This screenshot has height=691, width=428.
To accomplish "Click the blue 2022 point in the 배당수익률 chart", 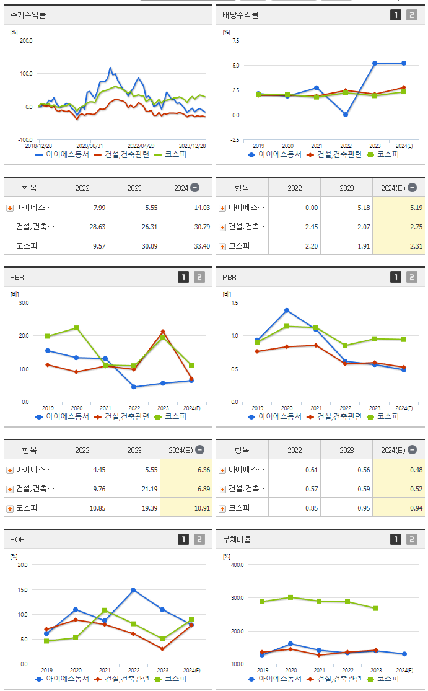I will (346, 115).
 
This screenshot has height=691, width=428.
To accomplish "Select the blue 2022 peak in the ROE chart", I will (133, 590).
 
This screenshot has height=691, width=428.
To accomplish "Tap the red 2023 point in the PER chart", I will (163, 332).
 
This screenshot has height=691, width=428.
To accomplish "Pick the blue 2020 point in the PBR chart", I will (287, 310).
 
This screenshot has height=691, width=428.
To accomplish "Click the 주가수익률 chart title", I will (28, 15).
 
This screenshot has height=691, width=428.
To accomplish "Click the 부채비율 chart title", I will (237, 539).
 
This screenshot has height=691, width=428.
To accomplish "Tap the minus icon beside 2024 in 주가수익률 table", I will (194, 188).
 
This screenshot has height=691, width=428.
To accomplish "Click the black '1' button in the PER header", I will (183, 278).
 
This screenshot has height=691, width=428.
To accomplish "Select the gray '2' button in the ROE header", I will (199, 539).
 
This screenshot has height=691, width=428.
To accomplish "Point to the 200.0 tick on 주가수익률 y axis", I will (26, 41).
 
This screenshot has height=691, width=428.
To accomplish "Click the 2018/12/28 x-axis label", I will (38, 146).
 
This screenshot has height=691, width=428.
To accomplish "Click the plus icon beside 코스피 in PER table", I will (10, 509).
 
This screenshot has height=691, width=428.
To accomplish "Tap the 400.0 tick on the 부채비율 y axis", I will (238, 565).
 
